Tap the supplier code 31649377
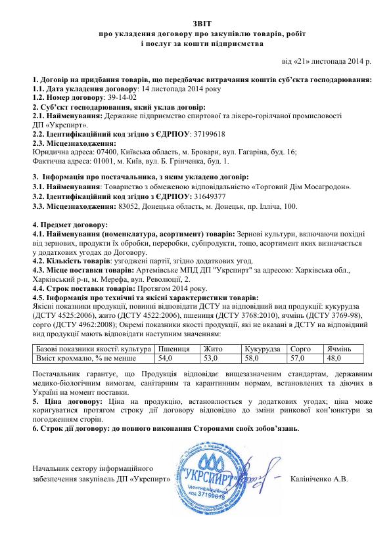212,196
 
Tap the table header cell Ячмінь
340,348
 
